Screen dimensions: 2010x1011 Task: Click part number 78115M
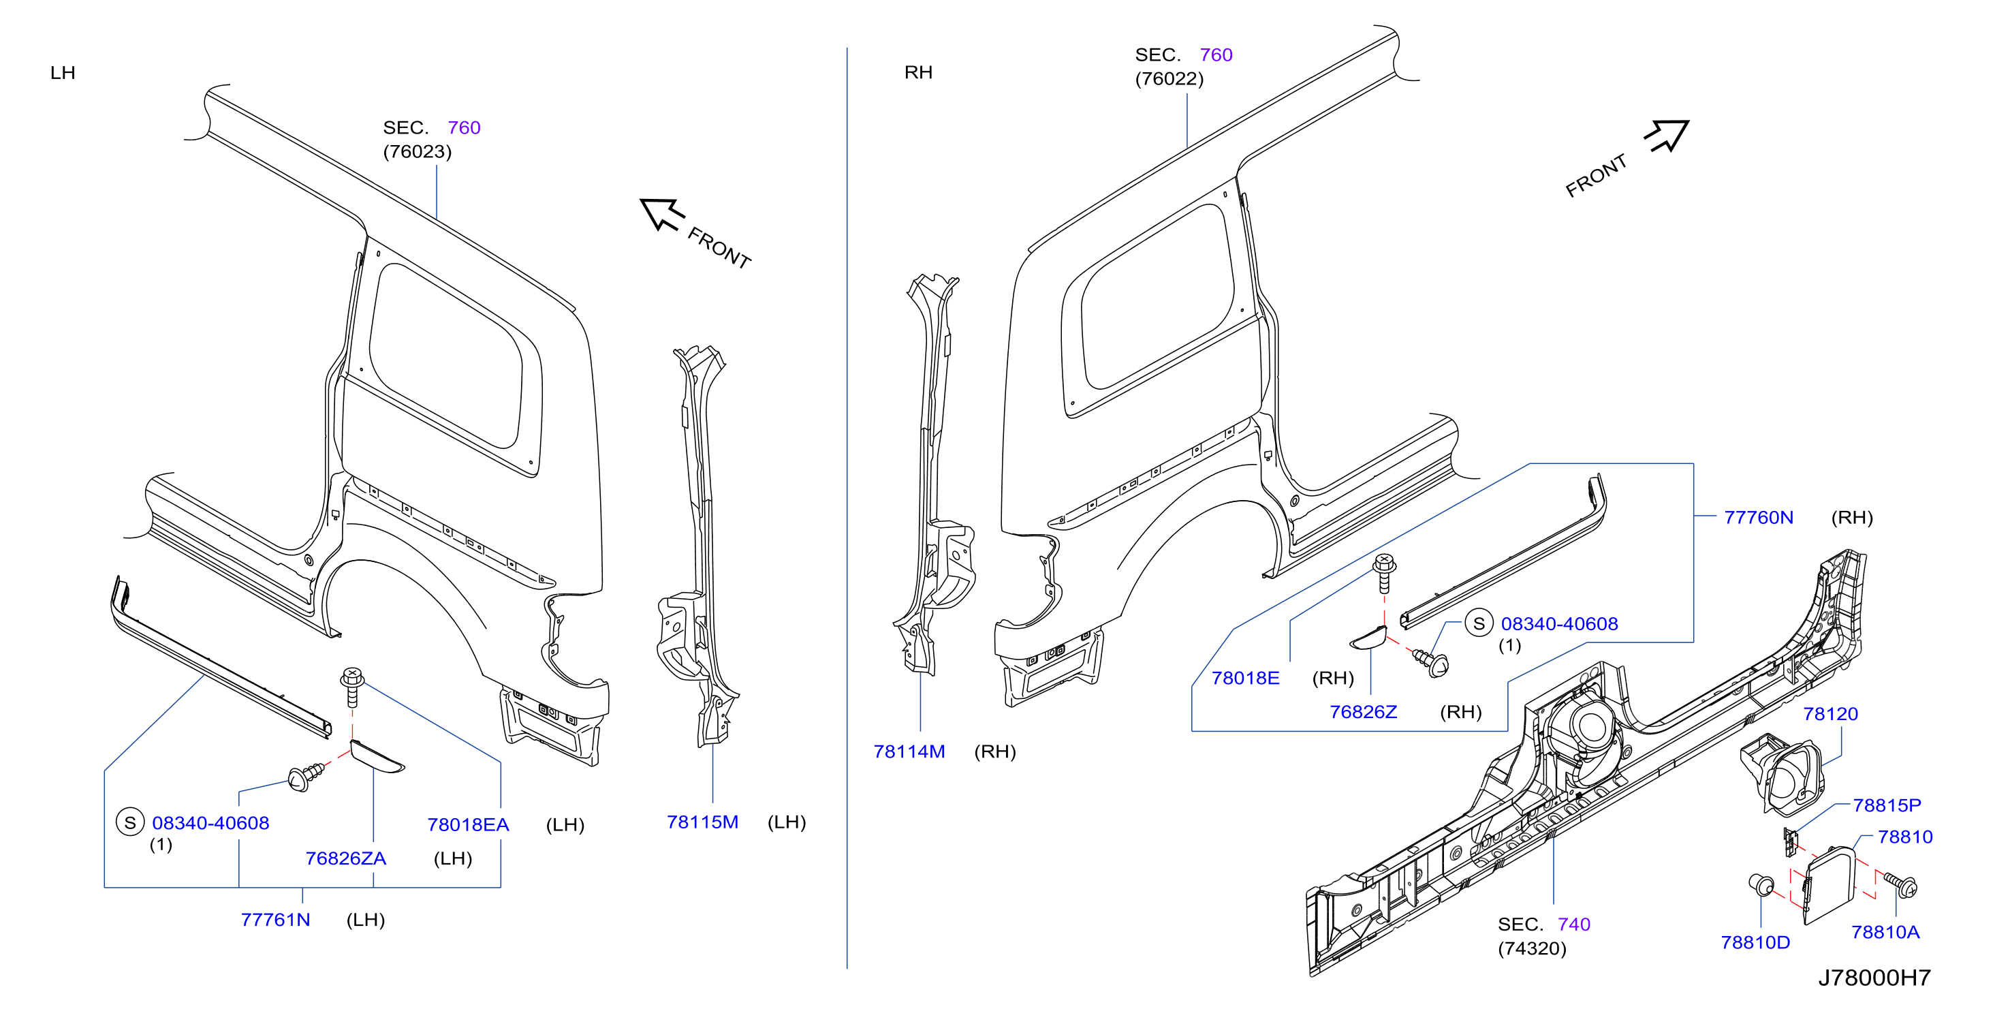tap(702, 822)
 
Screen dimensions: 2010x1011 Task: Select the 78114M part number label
tap(909, 752)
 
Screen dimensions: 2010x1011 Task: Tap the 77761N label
tap(275, 920)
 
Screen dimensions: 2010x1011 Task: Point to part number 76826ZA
tap(345, 859)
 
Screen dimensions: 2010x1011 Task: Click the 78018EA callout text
tap(468, 825)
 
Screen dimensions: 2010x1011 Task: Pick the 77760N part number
tap(1759, 518)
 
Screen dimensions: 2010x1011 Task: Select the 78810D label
tap(1756, 943)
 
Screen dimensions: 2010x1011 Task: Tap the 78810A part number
tap(1885, 932)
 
